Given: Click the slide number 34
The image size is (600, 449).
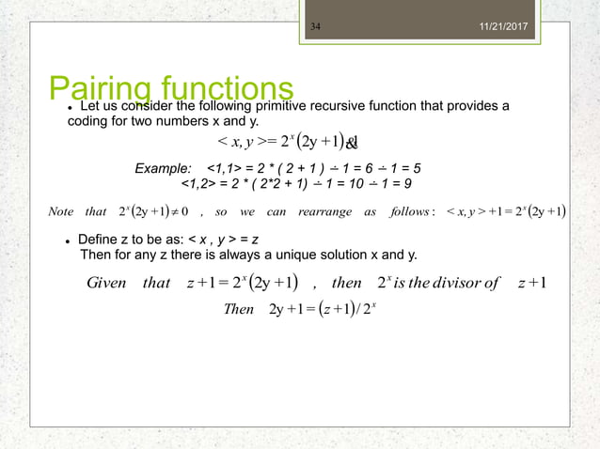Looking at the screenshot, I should click(316, 12).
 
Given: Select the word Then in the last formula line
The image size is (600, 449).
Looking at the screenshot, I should click(240, 309).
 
